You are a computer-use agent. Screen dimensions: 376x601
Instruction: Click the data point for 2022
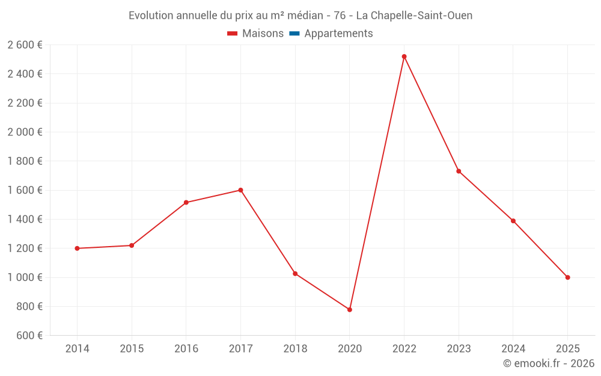404,57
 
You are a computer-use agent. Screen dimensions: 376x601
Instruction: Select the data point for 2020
350,310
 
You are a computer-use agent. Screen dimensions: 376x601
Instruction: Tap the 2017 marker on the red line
240,190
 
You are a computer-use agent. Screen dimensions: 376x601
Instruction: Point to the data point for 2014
77,248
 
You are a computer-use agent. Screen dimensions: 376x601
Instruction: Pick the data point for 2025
567,277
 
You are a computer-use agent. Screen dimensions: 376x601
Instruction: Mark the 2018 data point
295,274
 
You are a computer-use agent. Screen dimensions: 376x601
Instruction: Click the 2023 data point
459,171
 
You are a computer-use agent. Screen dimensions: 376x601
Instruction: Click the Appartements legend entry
338,34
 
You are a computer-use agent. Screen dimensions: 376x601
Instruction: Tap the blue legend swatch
294,34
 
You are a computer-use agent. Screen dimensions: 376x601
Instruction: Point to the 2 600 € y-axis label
25,45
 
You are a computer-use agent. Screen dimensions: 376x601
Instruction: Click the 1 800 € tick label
25,161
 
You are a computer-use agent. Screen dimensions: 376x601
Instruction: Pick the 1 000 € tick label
25,277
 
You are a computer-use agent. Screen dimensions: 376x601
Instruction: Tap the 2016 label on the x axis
186,348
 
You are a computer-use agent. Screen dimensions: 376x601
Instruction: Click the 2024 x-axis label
513,348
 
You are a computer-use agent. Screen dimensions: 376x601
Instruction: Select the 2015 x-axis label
132,348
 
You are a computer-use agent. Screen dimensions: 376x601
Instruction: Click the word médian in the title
307,16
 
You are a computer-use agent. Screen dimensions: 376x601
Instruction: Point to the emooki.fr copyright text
548,363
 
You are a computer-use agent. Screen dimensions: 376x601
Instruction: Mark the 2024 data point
513,221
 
